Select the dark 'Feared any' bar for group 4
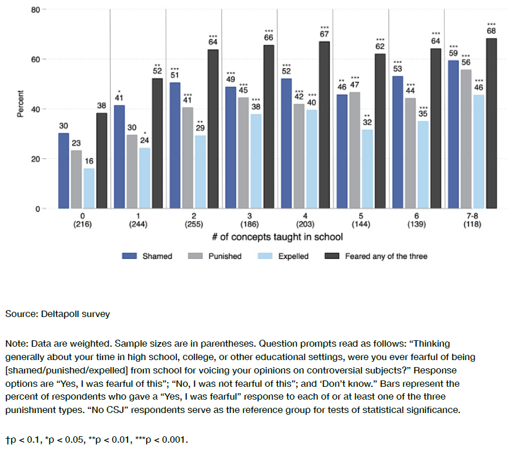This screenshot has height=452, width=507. click(325, 125)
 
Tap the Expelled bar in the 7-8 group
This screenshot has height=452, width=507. click(478, 151)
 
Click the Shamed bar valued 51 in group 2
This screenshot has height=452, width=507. click(175, 145)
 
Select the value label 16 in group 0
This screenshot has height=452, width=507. click(88, 161)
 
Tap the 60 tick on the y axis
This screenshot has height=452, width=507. click(36, 59)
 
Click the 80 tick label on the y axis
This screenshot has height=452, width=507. click(36, 10)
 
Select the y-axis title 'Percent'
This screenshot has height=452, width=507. click(20, 104)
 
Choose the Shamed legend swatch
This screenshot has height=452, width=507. click(130, 256)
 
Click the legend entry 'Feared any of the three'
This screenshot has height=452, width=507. click(386, 256)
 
